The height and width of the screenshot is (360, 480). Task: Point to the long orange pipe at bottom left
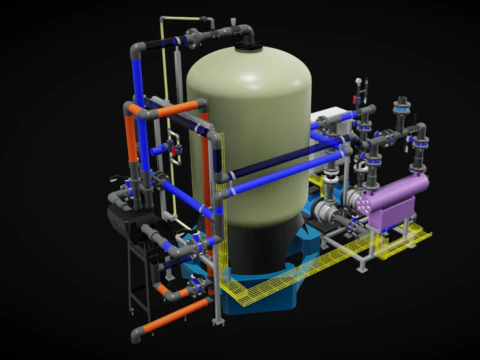click(174, 319)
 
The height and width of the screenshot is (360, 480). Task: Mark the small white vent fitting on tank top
click(232, 21)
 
